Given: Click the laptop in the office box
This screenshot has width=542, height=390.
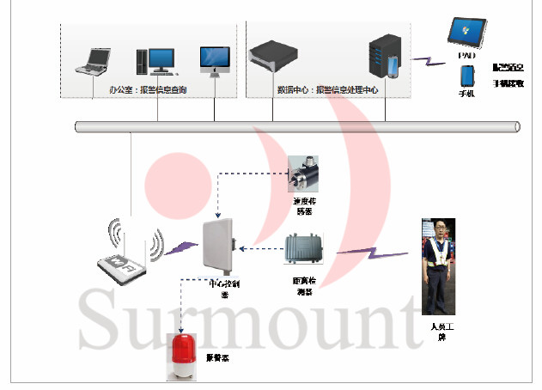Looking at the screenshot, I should [94, 59].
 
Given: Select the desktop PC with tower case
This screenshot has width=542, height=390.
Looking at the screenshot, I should [154, 59].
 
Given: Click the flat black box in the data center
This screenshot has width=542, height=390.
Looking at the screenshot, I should [272, 58].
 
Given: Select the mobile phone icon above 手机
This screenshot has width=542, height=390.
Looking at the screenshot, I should [466, 76].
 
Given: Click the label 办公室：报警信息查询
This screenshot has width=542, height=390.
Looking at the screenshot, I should [148, 89].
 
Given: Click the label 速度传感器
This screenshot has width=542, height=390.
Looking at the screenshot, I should [305, 206].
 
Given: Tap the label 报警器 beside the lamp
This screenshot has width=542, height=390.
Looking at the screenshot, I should [216, 355].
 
